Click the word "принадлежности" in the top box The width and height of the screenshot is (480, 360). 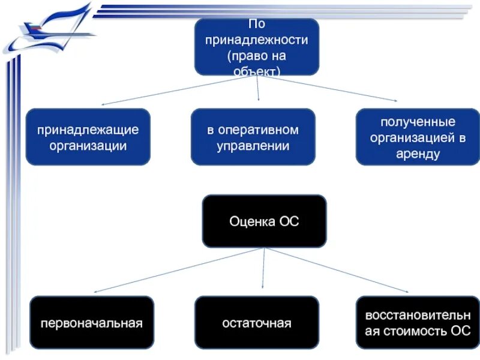257,41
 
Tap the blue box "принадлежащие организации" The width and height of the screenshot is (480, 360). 88,137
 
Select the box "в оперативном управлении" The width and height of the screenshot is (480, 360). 253,137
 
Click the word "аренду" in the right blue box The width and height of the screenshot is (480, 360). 418,154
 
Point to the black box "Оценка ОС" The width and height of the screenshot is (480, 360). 264,221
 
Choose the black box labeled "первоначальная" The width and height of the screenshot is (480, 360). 91,323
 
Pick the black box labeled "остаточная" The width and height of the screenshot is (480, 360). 256,323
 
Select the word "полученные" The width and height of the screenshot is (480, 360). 418,123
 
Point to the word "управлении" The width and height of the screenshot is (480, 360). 253,145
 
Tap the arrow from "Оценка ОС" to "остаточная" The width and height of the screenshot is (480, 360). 263,270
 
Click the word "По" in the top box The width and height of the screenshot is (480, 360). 256,25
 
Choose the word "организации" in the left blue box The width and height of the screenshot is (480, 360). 88,146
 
